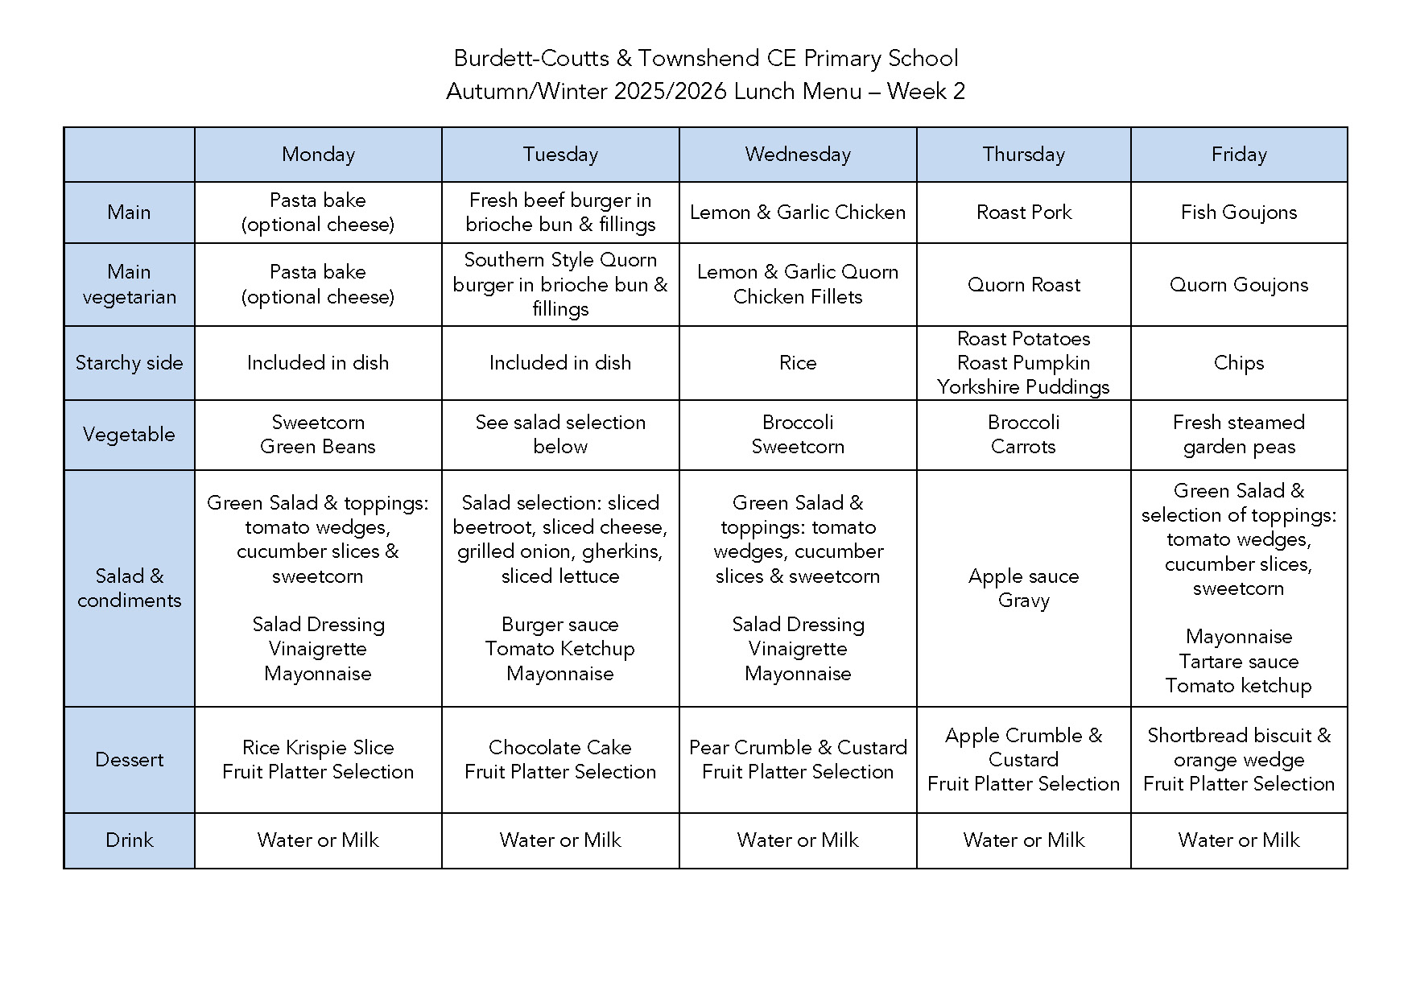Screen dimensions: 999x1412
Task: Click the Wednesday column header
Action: pyautogui.click(x=798, y=155)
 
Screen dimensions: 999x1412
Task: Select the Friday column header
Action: pyautogui.click(x=1238, y=155)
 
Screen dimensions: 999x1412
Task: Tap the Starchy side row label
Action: pyautogui.click(x=129, y=363)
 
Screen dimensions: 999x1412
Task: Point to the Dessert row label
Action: pyautogui.click(x=129, y=759)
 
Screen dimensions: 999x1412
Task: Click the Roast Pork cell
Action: pyautogui.click(x=1023, y=213)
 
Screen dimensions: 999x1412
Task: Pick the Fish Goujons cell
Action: pyautogui.click(x=1238, y=213)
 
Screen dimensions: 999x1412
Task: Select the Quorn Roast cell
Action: pyautogui.click(x=1023, y=285)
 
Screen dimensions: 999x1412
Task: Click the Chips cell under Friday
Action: pyautogui.click(x=1238, y=363)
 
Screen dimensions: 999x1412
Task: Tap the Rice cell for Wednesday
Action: pyautogui.click(x=798, y=363)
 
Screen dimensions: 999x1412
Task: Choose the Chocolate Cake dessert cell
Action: pyautogui.click(x=559, y=748)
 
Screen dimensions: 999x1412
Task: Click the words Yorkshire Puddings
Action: pyautogui.click(x=1023, y=387)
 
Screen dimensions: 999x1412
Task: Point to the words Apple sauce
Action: pyautogui.click(x=1023, y=576)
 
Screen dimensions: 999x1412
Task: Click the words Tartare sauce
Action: pyautogui.click(x=1238, y=662)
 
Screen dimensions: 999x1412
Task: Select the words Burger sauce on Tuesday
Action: pyautogui.click(x=559, y=625)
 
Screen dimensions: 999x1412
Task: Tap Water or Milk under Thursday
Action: pyautogui.click(x=1023, y=840)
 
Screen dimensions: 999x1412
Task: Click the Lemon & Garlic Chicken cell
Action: pyautogui.click(x=798, y=213)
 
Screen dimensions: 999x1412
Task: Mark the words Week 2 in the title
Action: pyautogui.click(x=926, y=92)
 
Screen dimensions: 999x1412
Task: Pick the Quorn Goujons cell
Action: pyautogui.click(x=1238, y=285)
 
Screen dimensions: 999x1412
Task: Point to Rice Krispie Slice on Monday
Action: pyautogui.click(x=318, y=748)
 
